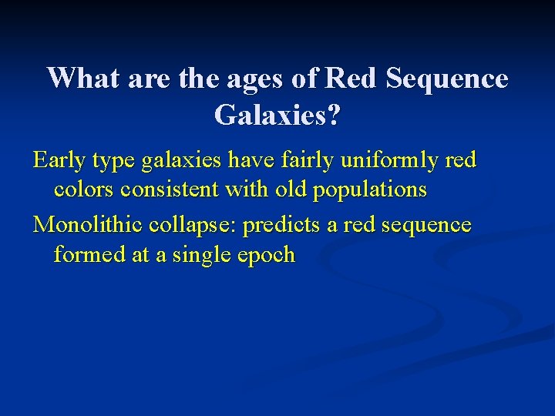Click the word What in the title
[x=81, y=79]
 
